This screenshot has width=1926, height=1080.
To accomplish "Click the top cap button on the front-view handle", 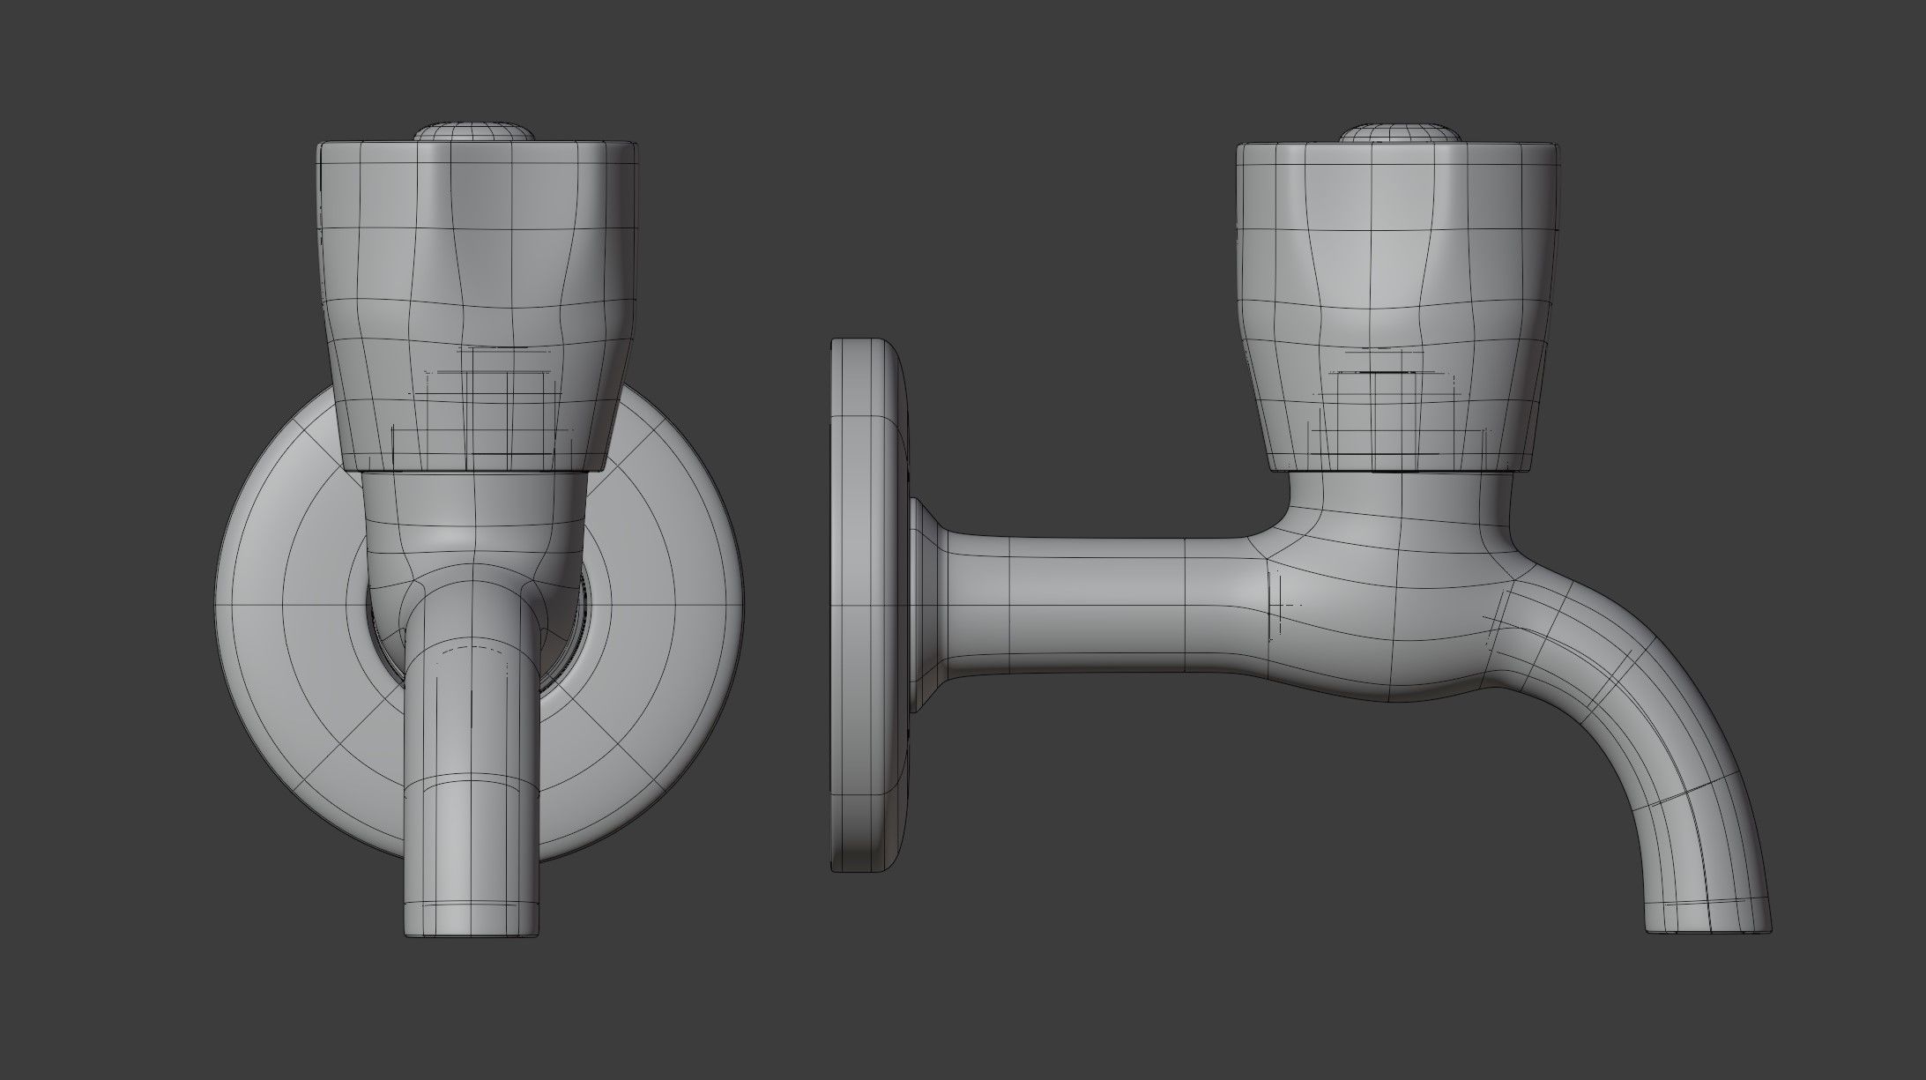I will pyautogui.click(x=475, y=132).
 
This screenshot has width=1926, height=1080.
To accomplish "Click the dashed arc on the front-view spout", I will pyautogui.click(x=473, y=650).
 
